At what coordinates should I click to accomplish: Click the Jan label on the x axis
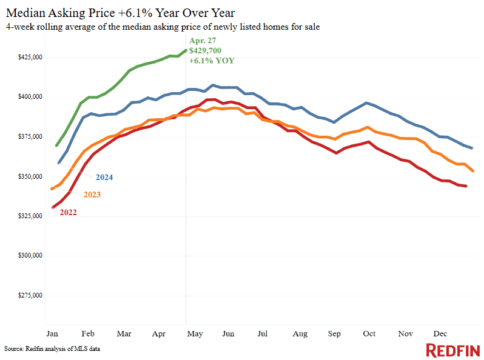(x=52, y=333)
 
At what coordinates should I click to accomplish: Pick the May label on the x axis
(x=194, y=333)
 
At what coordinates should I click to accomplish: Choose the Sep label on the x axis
(x=334, y=333)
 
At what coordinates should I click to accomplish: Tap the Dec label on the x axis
(x=440, y=333)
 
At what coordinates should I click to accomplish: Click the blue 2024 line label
(x=104, y=178)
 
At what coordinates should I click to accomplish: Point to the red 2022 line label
(x=69, y=212)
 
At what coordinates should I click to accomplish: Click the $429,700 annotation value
(x=207, y=51)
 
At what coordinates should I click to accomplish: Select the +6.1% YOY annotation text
(x=212, y=61)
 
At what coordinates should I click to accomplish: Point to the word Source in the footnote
(x=13, y=349)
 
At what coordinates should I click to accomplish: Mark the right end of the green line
(x=186, y=50)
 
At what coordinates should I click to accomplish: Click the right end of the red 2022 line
(x=466, y=186)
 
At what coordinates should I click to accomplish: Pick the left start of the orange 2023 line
(x=52, y=189)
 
